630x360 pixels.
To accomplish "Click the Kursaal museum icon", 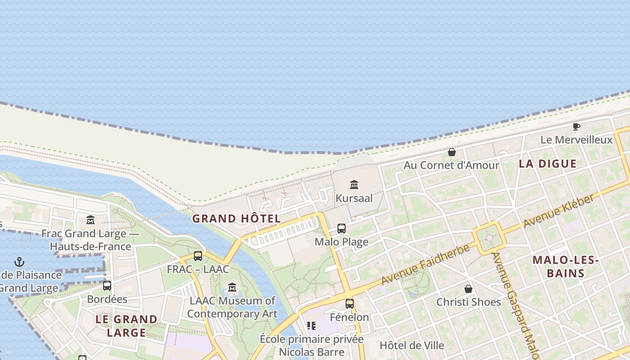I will pyautogui.click(x=354, y=184).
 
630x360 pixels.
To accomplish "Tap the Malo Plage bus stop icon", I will pyautogui.click(x=342, y=229).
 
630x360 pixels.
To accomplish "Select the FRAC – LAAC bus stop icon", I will pyautogui.click(x=198, y=256).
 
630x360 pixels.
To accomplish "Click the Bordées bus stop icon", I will pyautogui.click(x=107, y=286).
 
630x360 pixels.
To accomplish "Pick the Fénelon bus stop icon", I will pyautogui.click(x=350, y=304).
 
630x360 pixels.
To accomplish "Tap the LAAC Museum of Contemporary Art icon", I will pyautogui.click(x=232, y=287).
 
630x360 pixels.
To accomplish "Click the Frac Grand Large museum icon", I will pyautogui.click(x=90, y=220).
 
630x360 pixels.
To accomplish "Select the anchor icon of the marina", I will pyautogui.click(x=19, y=261).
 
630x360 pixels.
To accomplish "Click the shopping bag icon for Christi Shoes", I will pyautogui.click(x=468, y=288).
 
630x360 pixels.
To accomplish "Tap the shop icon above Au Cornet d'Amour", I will pyautogui.click(x=452, y=152).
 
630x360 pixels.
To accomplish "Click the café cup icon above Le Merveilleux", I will pyautogui.click(x=576, y=126).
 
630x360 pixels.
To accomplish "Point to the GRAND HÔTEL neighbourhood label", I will pyautogui.click(x=237, y=219).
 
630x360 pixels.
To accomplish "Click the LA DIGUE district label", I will pyautogui.click(x=547, y=164).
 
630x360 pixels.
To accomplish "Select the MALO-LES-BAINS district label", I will pyautogui.click(x=565, y=266).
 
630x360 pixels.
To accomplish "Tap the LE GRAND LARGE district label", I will pyautogui.click(x=126, y=326).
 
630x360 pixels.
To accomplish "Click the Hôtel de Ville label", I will pyautogui.click(x=412, y=346).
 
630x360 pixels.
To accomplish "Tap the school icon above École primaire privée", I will pyautogui.click(x=311, y=325).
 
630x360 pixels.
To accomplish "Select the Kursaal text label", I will pyautogui.click(x=354, y=198).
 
